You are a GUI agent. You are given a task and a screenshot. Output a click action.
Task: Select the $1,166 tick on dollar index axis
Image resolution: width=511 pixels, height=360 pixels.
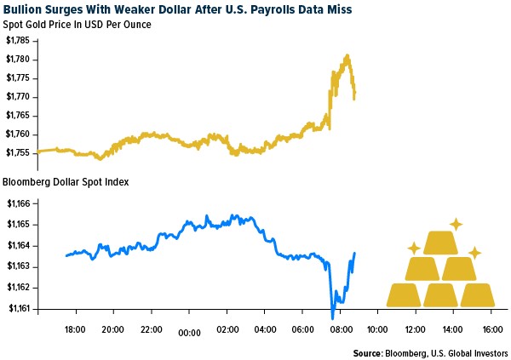click(20, 204)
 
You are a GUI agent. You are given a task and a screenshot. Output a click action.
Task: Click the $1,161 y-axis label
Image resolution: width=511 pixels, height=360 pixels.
click(20, 309)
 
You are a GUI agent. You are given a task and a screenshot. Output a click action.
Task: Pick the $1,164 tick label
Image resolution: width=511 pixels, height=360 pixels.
click(20, 246)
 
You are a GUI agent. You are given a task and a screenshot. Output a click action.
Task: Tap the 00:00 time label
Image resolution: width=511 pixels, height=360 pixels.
click(189, 334)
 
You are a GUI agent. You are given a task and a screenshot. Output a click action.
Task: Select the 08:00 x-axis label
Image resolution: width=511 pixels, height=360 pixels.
click(340, 330)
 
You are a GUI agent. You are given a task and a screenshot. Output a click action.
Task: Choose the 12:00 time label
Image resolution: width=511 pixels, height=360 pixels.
click(416, 330)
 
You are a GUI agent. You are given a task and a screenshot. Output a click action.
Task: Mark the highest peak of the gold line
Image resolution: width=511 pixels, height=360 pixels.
click(347, 56)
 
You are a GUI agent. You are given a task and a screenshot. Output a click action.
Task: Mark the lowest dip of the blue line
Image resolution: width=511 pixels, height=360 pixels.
click(332, 317)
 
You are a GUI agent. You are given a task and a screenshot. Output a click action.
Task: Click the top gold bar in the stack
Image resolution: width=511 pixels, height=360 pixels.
click(440, 243)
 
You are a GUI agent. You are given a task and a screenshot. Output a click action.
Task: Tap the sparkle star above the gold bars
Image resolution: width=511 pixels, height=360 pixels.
click(456, 224)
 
